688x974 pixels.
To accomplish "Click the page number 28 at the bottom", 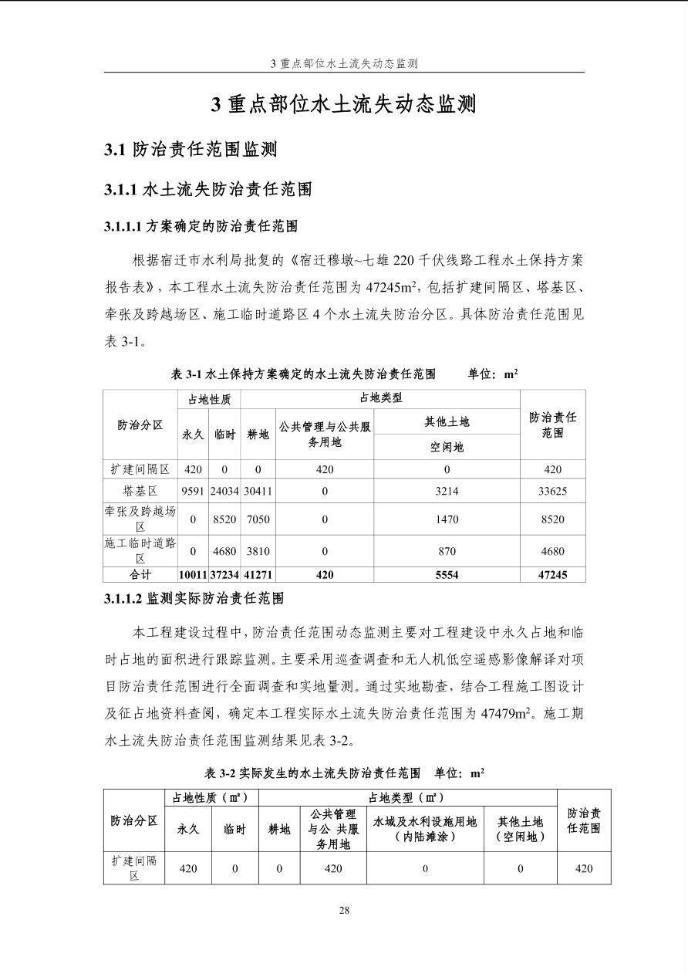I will (x=344, y=910).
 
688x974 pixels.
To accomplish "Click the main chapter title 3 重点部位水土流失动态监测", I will (x=344, y=104).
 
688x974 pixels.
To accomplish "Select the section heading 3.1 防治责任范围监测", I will (x=191, y=150).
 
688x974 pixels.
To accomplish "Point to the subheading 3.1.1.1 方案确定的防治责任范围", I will (x=201, y=227).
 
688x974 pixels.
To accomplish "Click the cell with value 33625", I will (x=552, y=491).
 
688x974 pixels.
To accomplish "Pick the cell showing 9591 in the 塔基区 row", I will (x=193, y=491).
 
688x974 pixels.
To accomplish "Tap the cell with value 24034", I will (x=224, y=491).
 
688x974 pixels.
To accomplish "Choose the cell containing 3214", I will (x=447, y=491).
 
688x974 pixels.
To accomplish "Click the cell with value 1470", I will (x=447, y=519).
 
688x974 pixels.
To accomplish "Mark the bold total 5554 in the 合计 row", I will (x=447, y=575).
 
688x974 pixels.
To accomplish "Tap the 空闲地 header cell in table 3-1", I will (x=447, y=447).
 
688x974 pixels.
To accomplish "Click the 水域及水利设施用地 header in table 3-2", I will (x=425, y=821).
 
